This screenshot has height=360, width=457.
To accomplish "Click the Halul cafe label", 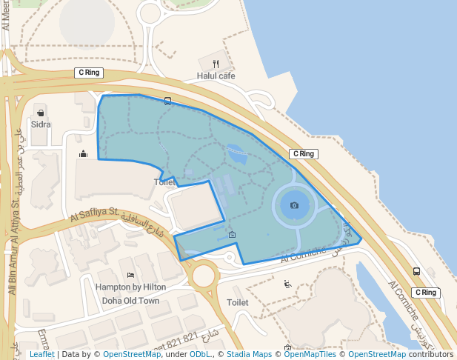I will coord(216,76).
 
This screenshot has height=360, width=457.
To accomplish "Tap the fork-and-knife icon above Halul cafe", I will coord(216,64).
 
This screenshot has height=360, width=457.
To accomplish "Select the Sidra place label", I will coord(41,124).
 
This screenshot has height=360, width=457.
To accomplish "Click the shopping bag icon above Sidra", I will coord(40,113).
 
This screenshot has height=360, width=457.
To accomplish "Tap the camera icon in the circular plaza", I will coord(295,204).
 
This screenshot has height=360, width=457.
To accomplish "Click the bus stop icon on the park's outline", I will coord(168,101).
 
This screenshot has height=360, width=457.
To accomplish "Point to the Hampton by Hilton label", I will coord(130,287).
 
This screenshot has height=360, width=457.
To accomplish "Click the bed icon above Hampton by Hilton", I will coord(130,276).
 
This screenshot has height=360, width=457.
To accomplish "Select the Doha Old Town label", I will coord(130,301).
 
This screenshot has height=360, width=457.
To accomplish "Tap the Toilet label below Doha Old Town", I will coord(237,303).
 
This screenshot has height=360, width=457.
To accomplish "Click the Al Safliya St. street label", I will coord(95,215).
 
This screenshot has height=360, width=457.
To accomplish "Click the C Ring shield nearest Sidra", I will coord(89,73).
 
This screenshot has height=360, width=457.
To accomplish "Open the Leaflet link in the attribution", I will coord(41,355).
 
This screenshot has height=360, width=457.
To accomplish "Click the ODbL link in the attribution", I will coord(199,355).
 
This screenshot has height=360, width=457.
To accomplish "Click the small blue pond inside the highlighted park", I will coord(237,153).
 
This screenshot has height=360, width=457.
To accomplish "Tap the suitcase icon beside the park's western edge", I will coord(83,154).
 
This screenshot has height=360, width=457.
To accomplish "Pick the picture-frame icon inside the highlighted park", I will coord(233,236).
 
